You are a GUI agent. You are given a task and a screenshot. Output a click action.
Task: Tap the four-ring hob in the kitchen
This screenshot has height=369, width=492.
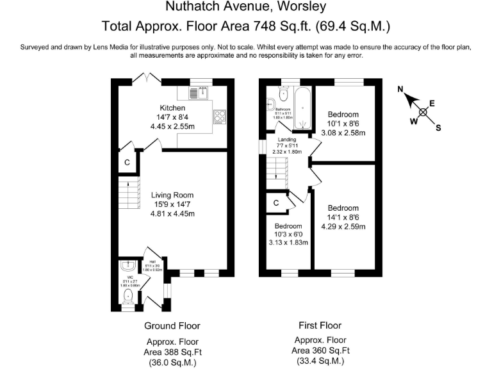tap(220, 117)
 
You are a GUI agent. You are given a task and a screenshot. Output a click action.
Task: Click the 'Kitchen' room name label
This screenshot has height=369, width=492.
tap(172, 108)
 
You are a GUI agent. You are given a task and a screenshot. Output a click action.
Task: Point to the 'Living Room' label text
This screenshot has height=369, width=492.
tap(172, 195)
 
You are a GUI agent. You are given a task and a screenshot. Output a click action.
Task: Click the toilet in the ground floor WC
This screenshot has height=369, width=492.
tap(128, 295)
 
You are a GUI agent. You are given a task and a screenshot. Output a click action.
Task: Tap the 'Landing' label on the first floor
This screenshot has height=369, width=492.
tap(286, 139)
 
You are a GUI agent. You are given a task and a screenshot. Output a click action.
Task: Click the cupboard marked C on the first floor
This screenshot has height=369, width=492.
tap(275, 203)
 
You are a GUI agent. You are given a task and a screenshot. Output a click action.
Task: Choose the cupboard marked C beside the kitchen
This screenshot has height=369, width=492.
tap(127, 163)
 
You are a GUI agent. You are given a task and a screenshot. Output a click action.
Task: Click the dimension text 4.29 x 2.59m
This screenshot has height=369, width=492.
tap(343, 226)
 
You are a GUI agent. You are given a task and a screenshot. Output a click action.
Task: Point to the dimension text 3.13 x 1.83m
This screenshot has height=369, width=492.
tap(288, 243)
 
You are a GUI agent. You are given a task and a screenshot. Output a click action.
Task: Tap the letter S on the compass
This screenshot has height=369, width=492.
tap(438, 127)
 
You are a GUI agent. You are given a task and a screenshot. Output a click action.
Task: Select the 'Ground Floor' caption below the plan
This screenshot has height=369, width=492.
tap(172, 325)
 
